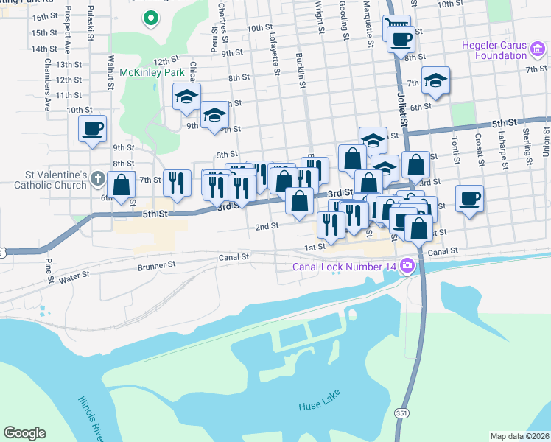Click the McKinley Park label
tap(152, 73)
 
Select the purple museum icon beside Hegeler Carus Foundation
tap(538, 49)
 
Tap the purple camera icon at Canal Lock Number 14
tap(407, 267)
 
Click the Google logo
tap(24, 433)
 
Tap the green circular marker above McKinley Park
tap(151, 17)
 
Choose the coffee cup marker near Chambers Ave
tap(93, 128)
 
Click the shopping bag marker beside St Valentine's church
tap(121, 184)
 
